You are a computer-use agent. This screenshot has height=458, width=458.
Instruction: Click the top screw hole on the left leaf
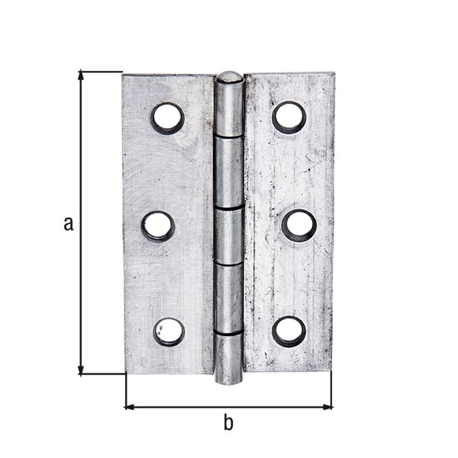coord(168,118)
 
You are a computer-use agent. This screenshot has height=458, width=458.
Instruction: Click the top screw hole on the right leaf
coord(289,116)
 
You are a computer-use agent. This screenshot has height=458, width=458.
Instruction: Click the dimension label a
coord(68,223)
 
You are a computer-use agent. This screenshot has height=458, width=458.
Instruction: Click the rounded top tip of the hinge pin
coord(229,76)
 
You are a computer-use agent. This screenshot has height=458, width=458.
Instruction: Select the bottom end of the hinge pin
coord(229,379)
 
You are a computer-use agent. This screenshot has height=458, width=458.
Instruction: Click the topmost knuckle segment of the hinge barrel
coord(230,108)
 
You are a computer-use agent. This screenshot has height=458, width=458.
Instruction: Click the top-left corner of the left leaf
coord(124,75)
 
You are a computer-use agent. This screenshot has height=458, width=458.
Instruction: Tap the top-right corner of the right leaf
coord(334,74)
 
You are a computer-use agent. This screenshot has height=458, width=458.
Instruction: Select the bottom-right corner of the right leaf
coord(331,369)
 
